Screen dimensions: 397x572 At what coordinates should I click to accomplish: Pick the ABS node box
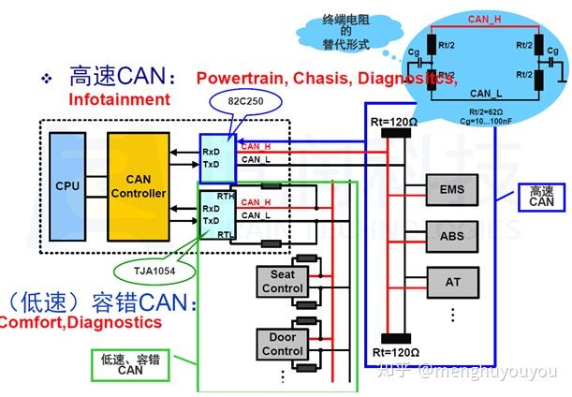pyautogui.click(x=451, y=237)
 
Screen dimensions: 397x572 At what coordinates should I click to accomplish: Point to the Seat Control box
pyautogui.click(x=282, y=282)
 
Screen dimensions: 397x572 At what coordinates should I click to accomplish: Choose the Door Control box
pyautogui.click(x=282, y=344)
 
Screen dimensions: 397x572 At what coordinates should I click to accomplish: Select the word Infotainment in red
pyautogui.click(x=119, y=98)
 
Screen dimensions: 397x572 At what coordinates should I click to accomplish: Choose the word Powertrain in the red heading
pyautogui.click(x=242, y=79)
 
